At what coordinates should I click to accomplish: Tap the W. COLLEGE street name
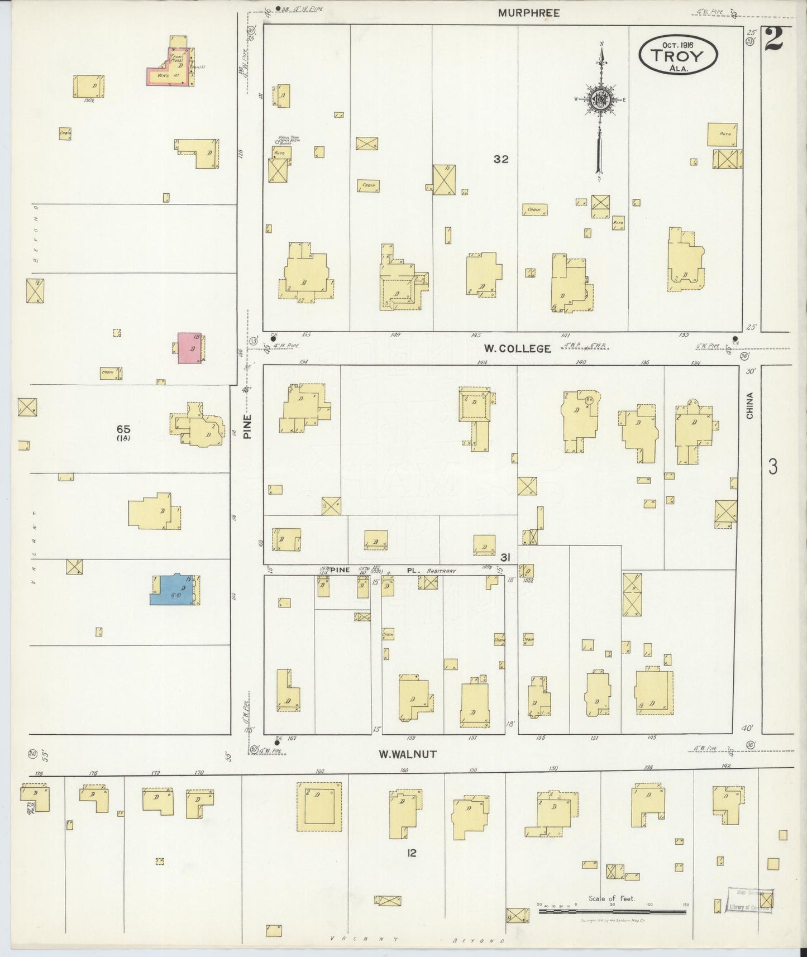click(x=517, y=349)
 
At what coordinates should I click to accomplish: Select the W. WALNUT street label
click(x=407, y=754)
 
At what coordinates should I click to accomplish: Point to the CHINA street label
click(x=749, y=406)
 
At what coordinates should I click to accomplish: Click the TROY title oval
click(x=679, y=55)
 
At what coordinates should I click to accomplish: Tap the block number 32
click(x=501, y=159)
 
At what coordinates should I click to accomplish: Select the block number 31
click(x=505, y=557)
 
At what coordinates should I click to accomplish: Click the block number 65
click(x=123, y=429)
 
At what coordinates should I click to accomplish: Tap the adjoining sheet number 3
click(x=772, y=467)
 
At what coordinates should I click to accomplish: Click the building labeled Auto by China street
click(x=723, y=135)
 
